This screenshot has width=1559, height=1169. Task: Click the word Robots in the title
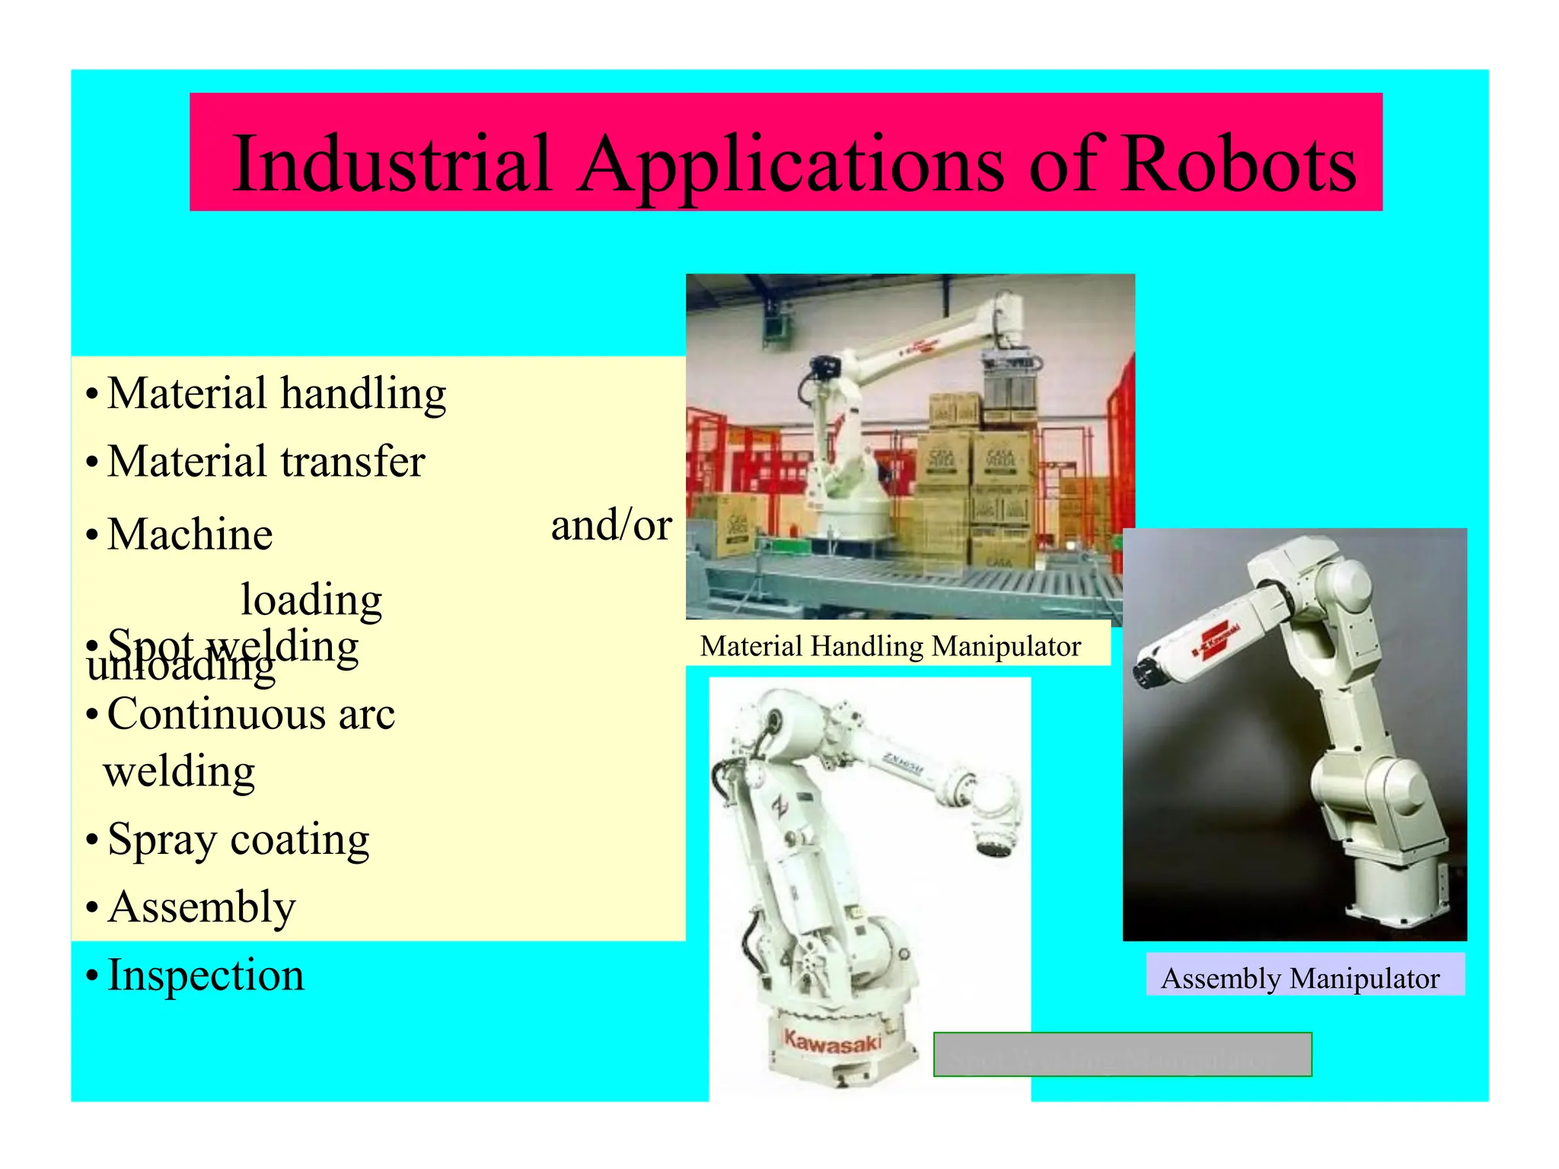[x=1239, y=164]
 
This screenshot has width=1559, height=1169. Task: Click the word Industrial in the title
[x=392, y=164]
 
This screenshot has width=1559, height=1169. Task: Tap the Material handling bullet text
[x=276, y=394]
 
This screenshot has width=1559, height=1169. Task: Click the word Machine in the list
[x=190, y=534]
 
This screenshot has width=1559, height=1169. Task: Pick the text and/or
[x=611, y=525]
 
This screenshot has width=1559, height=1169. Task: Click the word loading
[x=311, y=600]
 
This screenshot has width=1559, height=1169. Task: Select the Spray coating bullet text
[x=238, y=840]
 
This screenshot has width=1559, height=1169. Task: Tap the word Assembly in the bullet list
[x=202, y=907]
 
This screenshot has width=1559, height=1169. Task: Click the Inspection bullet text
[x=206, y=975]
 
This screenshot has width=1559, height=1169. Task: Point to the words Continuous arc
[x=251, y=715]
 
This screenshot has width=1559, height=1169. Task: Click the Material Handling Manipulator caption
[x=890, y=646]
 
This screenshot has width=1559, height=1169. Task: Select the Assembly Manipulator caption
[x=1300, y=978]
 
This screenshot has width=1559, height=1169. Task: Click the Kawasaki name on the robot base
[x=833, y=1041]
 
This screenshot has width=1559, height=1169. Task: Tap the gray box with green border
[x=1122, y=1054]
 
